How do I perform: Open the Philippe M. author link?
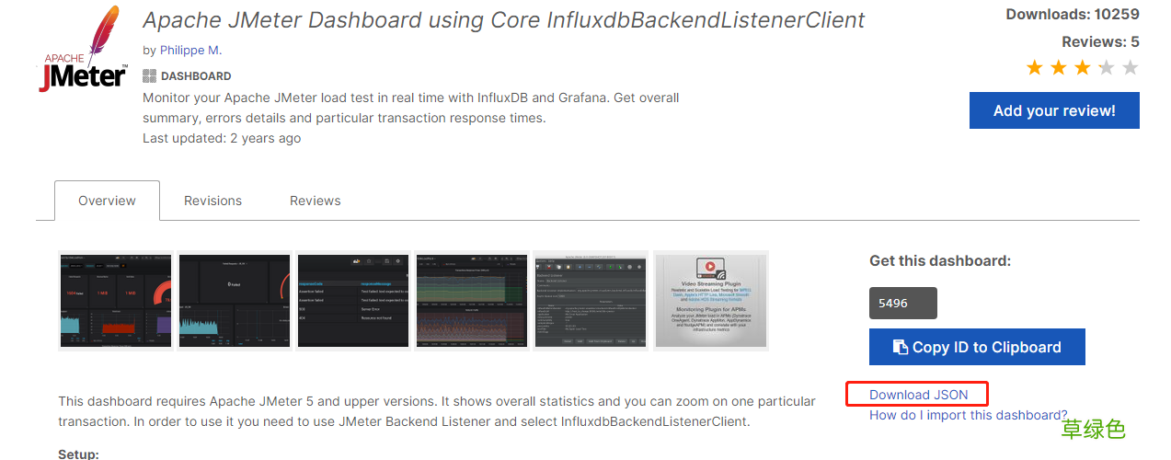(x=190, y=50)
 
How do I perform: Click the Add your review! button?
(x=1054, y=110)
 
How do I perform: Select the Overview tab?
(x=107, y=201)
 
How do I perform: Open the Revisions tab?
(x=212, y=201)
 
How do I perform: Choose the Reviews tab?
(x=315, y=201)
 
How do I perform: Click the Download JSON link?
(x=918, y=395)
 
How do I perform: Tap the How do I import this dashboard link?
(x=968, y=415)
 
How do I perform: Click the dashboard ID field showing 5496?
(x=902, y=303)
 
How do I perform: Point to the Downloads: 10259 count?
(x=1072, y=14)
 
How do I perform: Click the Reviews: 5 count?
(x=1099, y=41)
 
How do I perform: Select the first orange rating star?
(x=1035, y=67)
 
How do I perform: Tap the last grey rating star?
(x=1131, y=67)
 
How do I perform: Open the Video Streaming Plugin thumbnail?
(x=710, y=300)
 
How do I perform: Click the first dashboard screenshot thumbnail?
(x=115, y=300)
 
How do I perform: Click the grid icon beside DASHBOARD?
(x=149, y=76)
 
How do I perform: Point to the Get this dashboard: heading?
(x=939, y=260)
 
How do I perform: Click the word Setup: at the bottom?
(x=78, y=454)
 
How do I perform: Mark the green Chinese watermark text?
(x=1093, y=429)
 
